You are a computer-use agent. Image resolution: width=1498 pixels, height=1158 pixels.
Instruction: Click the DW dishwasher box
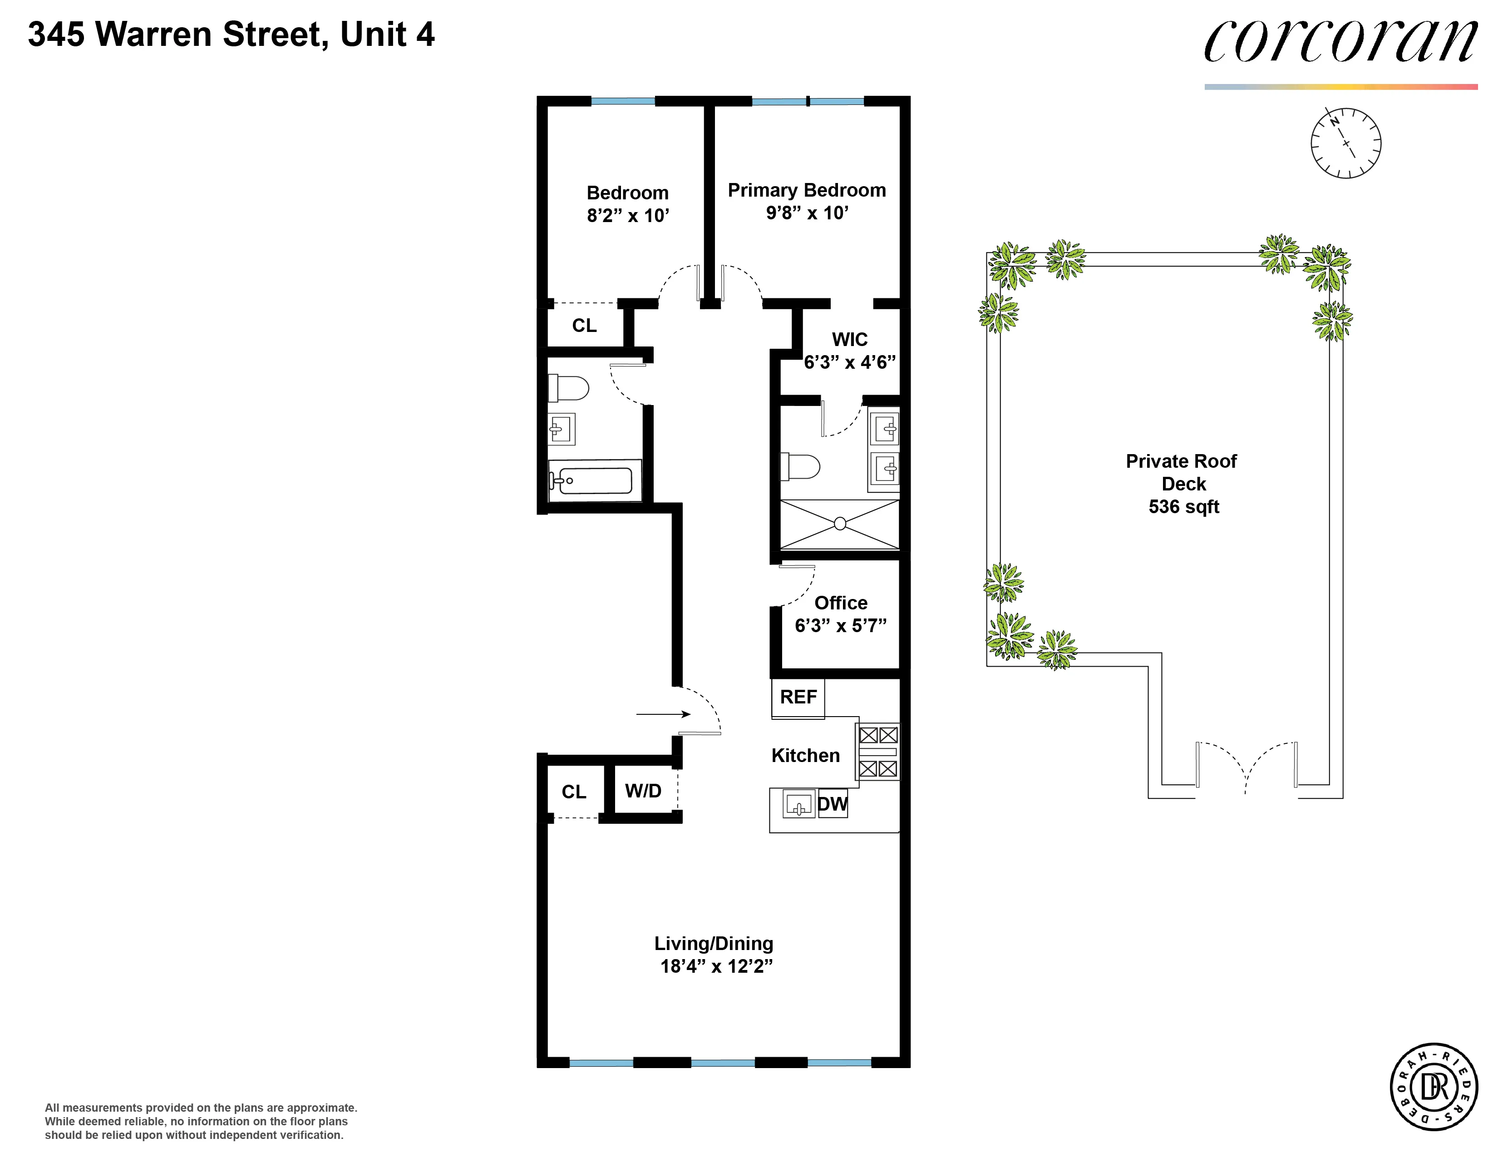click(833, 804)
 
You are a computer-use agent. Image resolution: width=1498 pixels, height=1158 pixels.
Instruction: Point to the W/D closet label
click(643, 791)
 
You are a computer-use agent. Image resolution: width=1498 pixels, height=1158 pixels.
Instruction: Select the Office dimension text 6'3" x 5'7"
click(840, 626)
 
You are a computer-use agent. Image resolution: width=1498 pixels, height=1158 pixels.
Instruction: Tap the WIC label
click(849, 340)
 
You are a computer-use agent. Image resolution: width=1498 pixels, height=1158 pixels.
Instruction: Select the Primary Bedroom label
click(807, 190)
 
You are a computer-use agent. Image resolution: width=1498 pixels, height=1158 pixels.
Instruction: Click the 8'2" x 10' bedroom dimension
click(628, 215)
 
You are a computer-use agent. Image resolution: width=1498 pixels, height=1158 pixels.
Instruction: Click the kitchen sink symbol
click(798, 804)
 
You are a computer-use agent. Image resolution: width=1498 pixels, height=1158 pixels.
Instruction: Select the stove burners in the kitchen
click(878, 752)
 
